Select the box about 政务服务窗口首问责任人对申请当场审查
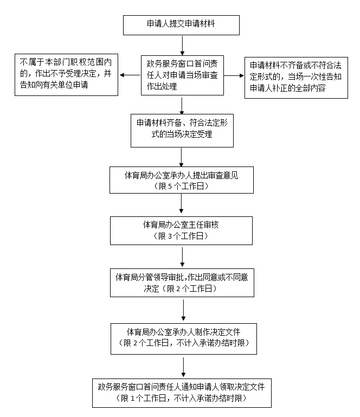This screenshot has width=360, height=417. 182,76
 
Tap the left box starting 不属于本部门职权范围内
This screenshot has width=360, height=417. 66,74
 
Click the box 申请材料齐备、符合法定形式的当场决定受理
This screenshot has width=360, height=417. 182,130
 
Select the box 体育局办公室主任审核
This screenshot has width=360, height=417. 182,230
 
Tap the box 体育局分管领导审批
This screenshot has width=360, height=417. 182,282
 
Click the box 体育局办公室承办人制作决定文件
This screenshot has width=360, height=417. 182,338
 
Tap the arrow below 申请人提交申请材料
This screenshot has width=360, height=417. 182,44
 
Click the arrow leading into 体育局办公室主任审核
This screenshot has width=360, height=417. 182,205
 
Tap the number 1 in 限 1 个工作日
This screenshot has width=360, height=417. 132,399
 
